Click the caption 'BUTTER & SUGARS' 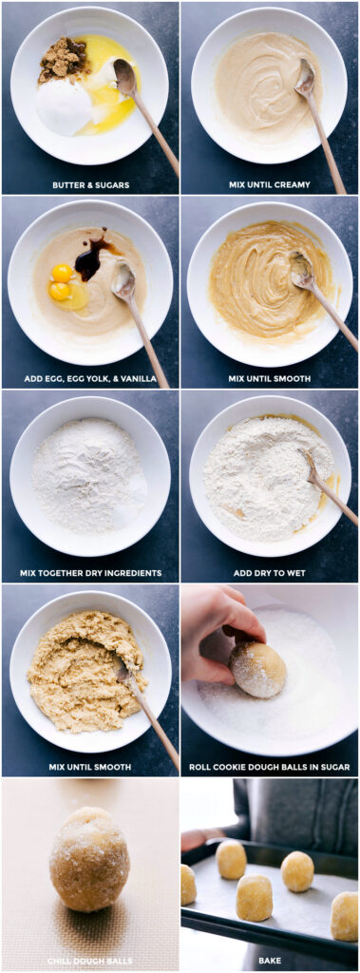[x=90, y=184]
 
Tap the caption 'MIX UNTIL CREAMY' [x=269, y=184]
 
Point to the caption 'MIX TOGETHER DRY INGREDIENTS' [x=90, y=573]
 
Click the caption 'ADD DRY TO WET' [x=269, y=573]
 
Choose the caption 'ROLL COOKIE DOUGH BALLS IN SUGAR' [x=269, y=767]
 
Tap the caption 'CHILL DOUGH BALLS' [x=90, y=961]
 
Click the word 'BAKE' [x=269, y=961]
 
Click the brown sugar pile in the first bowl [x=64, y=60]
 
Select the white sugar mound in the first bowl [x=64, y=105]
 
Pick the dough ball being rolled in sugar [x=257, y=669]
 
